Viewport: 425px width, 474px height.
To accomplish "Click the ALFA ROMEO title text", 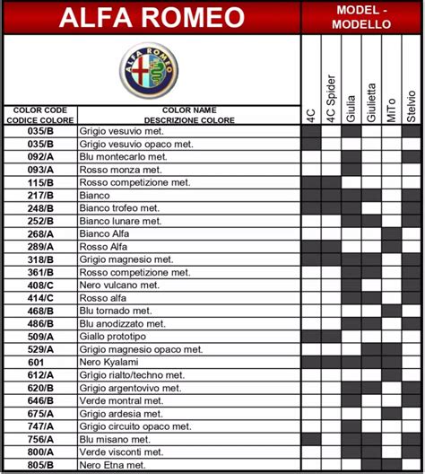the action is [x=152, y=17].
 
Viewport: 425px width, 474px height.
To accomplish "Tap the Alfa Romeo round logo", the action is [x=151, y=69].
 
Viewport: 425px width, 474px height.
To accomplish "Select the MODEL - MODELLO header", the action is [x=360, y=17].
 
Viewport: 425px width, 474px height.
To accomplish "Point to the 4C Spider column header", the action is [x=331, y=99].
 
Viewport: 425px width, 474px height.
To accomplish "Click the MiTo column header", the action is [x=391, y=108].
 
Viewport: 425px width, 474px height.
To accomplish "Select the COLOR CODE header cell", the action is [x=40, y=115].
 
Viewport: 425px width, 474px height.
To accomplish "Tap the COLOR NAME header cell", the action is [x=188, y=115].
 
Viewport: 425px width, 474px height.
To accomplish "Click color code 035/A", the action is [x=40, y=130].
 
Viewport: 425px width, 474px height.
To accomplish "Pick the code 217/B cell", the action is [x=40, y=195].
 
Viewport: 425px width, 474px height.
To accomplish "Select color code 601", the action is [x=40, y=362].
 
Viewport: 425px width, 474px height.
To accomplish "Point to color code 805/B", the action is [x=40, y=466].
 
